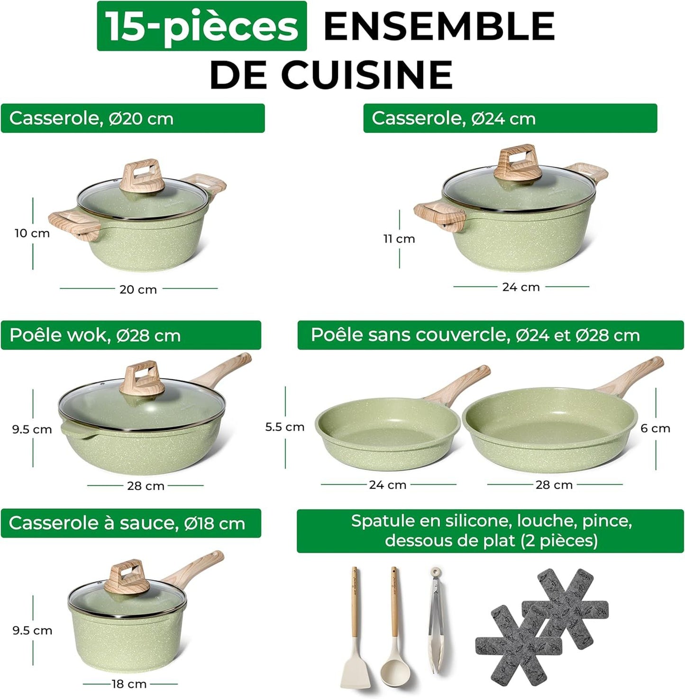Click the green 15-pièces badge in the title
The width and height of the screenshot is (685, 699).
click(x=201, y=26)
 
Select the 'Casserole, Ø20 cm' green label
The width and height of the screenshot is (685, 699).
click(x=133, y=118)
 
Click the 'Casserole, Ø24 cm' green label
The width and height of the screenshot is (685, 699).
click(x=510, y=118)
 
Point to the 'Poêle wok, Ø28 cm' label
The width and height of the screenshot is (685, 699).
click(x=131, y=335)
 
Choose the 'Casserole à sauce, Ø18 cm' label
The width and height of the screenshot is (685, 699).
click(x=131, y=523)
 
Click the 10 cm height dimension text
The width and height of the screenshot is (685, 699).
click(x=32, y=233)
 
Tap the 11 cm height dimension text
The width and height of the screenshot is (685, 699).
click(x=399, y=239)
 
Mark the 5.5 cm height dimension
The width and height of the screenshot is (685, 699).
click(x=284, y=427)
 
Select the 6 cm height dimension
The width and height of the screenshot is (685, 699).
click(x=655, y=428)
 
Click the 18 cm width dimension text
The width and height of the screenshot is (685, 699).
click(x=129, y=684)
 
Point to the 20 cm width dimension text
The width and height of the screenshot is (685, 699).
click(x=138, y=289)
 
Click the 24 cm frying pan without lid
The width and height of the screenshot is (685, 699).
click(x=387, y=432)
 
